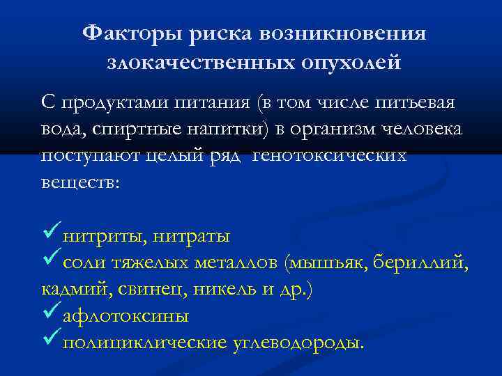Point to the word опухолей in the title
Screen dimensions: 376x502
(x=352, y=63)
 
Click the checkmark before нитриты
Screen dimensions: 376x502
(x=51, y=235)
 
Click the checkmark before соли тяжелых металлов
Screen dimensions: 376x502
(x=51, y=261)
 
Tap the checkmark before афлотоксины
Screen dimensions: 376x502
(x=51, y=314)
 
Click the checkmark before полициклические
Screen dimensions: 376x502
(x=51, y=340)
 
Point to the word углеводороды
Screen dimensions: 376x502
(x=298, y=343)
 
